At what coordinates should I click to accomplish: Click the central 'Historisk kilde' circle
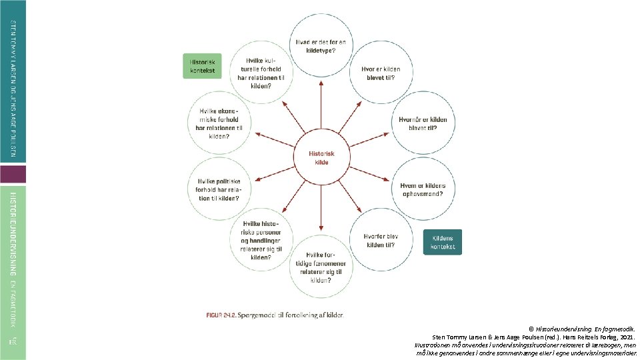321,158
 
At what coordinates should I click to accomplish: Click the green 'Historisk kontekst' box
201,66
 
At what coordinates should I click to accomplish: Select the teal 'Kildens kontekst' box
442,242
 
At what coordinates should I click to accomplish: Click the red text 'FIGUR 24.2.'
219,315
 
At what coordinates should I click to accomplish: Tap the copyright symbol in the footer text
531,329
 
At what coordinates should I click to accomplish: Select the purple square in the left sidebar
13,175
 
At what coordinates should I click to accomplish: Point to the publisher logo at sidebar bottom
13,342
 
